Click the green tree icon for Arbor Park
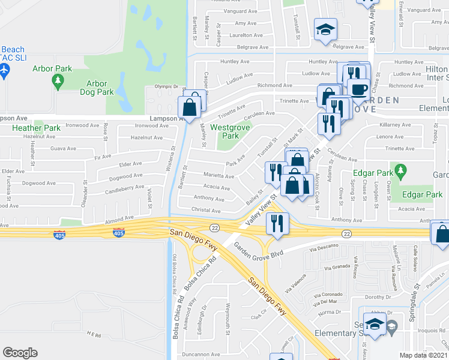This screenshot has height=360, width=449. tap(58, 81)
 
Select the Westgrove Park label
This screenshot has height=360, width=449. tap(229, 131)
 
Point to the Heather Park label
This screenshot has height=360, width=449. tap(37, 128)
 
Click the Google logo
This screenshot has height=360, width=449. tap(20, 353)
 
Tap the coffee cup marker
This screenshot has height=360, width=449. tap(359, 89)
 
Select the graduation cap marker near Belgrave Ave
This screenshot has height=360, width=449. tap(325, 30)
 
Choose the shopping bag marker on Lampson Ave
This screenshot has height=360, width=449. tap(189, 109)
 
